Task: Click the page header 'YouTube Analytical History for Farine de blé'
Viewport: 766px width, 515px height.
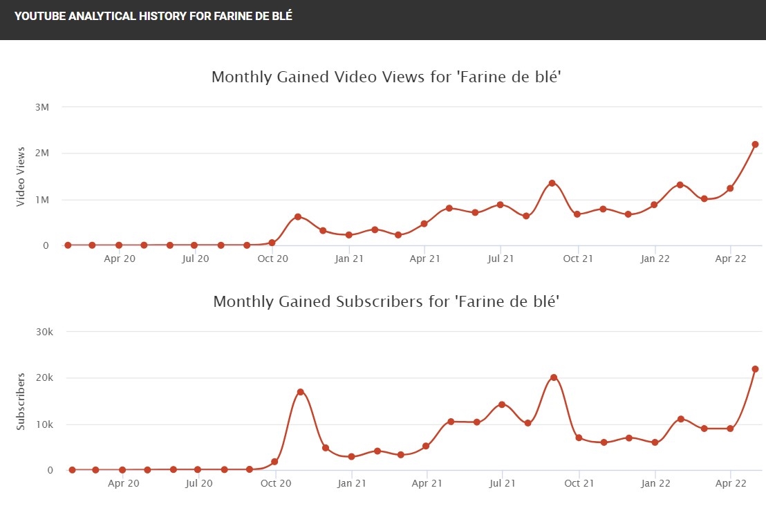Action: coord(153,16)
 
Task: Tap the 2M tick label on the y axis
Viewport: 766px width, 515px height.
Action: coord(41,153)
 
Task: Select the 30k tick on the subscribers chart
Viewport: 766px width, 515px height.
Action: coord(44,332)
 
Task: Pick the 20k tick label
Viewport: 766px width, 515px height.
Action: coord(44,378)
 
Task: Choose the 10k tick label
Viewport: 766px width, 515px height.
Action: coord(44,424)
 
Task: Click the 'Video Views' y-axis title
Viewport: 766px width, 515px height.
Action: coord(21,176)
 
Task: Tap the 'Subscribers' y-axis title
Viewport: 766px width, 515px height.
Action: coord(21,401)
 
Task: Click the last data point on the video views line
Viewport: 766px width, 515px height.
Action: coord(755,144)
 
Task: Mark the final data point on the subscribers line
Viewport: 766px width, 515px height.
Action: coord(755,369)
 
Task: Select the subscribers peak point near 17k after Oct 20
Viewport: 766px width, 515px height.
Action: coord(300,392)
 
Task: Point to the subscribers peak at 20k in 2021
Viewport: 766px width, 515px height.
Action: coord(553,377)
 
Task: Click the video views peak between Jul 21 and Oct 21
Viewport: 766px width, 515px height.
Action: coord(552,183)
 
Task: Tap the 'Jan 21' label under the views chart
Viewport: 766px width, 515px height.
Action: coord(348,259)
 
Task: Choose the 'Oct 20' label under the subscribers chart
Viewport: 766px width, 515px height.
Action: coord(275,484)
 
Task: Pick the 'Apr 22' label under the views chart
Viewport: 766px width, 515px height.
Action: coord(729,259)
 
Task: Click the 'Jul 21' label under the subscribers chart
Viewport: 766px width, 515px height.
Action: coord(502,484)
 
